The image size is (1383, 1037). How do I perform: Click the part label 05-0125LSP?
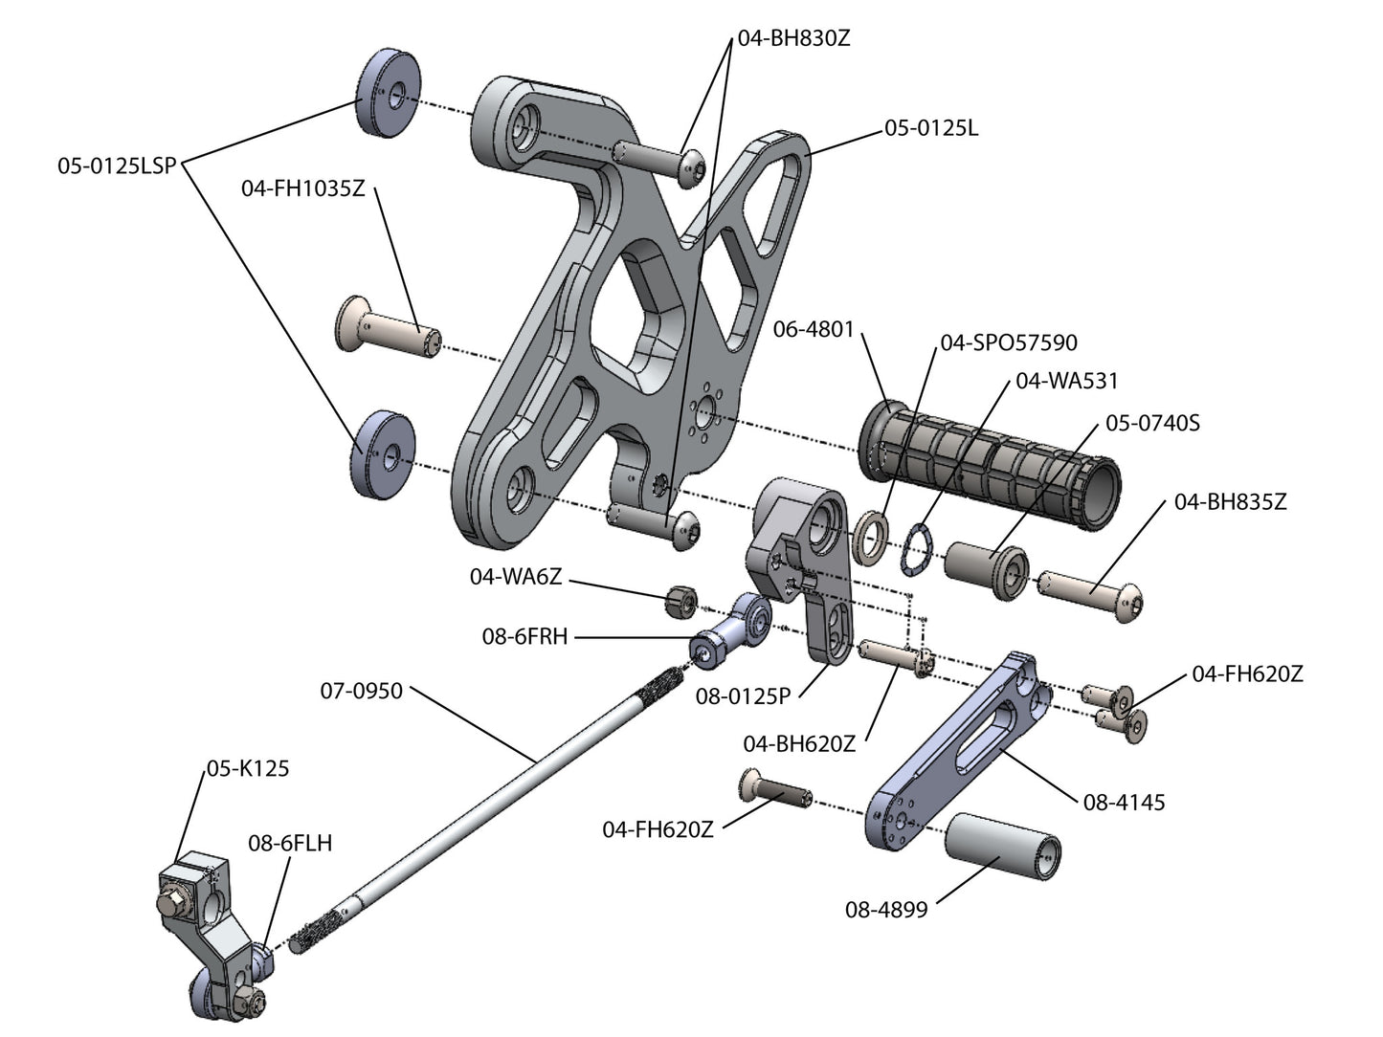tap(117, 166)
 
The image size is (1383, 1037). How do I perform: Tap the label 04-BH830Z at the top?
tap(793, 38)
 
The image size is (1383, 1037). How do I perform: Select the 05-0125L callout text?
tap(931, 128)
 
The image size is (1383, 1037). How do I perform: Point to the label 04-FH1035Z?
tap(303, 188)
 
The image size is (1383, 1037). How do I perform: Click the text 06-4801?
tap(814, 329)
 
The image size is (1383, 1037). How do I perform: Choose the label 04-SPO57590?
tap(1009, 342)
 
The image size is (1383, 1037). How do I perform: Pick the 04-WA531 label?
tap(1067, 381)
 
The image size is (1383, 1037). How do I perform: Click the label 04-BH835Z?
tap(1231, 502)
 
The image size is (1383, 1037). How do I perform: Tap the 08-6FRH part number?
tap(524, 636)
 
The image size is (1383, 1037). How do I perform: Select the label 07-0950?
tap(361, 691)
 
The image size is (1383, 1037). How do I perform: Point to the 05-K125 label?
tap(248, 768)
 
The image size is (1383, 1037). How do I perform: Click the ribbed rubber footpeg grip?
tap(990, 464)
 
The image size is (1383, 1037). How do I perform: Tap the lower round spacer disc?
tap(383, 454)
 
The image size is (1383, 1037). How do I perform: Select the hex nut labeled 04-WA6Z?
tap(681, 602)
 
